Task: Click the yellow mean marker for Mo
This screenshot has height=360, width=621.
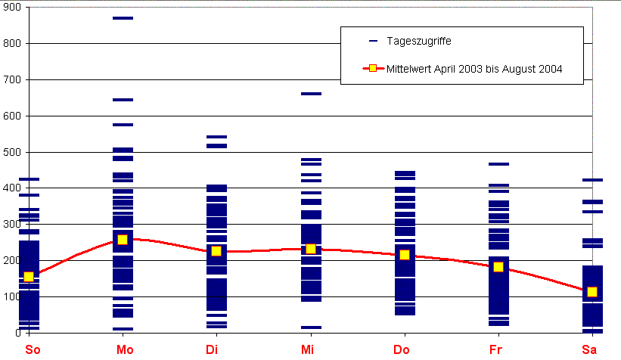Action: tap(123, 240)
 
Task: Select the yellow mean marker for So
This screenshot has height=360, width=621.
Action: tap(29, 277)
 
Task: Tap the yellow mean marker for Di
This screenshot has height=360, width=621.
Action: tap(216, 251)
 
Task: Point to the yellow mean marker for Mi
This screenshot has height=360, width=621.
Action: tap(311, 249)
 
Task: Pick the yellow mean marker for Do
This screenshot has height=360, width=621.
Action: tap(405, 255)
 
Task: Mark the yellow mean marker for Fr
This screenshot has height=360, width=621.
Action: tap(498, 267)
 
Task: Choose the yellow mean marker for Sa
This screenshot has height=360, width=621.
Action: tap(592, 292)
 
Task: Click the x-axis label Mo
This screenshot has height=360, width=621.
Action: tap(123, 349)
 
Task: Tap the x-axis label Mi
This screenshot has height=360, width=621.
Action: tap(310, 349)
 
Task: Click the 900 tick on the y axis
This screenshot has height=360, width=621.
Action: tap(13, 7)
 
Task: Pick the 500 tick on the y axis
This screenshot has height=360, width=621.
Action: tap(13, 152)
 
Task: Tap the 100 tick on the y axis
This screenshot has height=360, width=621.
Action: tap(13, 296)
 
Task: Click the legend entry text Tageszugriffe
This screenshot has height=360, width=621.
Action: tap(419, 40)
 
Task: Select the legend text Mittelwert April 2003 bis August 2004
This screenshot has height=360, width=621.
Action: tap(474, 69)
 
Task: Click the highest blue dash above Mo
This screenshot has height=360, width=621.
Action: tap(123, 18)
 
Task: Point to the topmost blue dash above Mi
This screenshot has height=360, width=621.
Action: tap(311, 94)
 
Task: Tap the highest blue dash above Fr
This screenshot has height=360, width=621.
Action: tap(498, 164)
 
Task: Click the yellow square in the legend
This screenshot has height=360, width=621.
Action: tap(372, 69)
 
